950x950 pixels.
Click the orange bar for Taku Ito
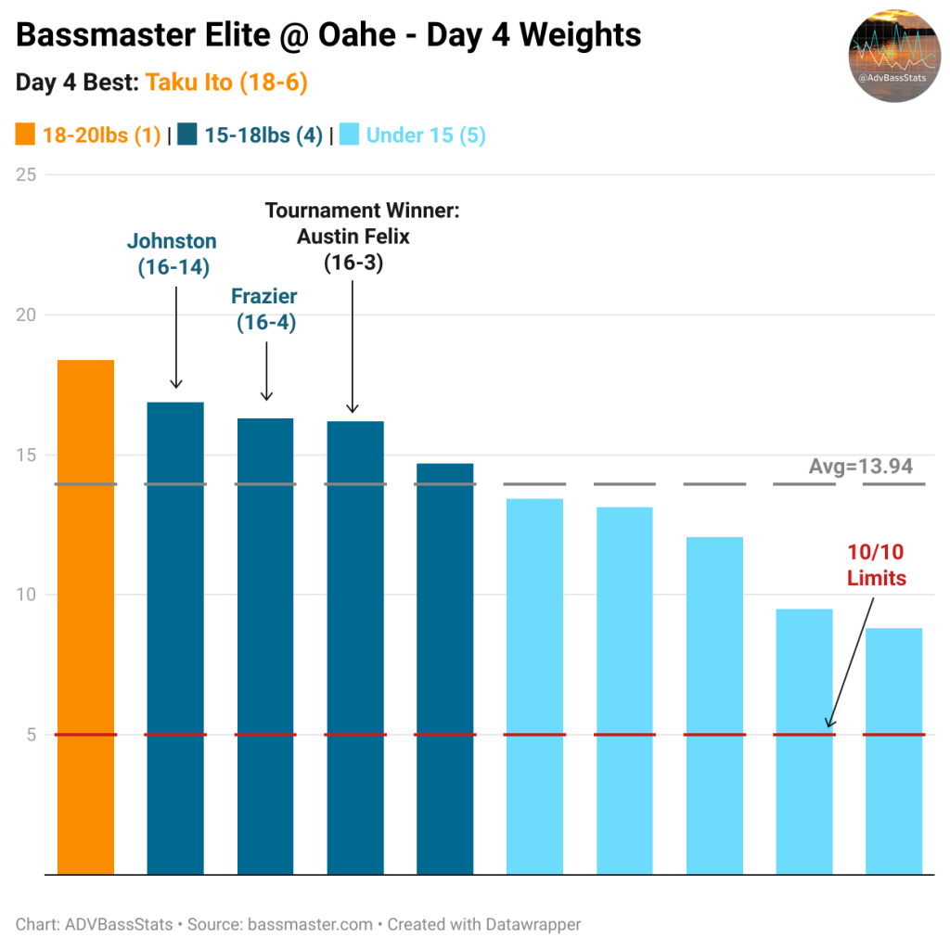click(x=86, y=617)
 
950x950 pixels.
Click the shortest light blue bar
click(x=893, y=751)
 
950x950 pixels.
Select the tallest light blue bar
click(x=534, y=687)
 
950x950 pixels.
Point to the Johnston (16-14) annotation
click(x=173, y=254)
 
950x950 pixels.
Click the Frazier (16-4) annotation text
click(x=265, y=310)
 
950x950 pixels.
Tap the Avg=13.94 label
click(x=860, y=466)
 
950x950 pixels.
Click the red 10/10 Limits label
click(x=876, y=565)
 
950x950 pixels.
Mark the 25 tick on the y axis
click(x=27, y=174)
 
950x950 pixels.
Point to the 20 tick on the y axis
click(x=27, y=315)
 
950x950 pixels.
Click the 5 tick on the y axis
click(x=31, y=735)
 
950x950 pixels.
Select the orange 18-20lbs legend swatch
click(x=26, y=135)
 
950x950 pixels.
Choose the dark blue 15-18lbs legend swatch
click(x=188, y=135)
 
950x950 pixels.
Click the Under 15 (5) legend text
click(x=425, y=135)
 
